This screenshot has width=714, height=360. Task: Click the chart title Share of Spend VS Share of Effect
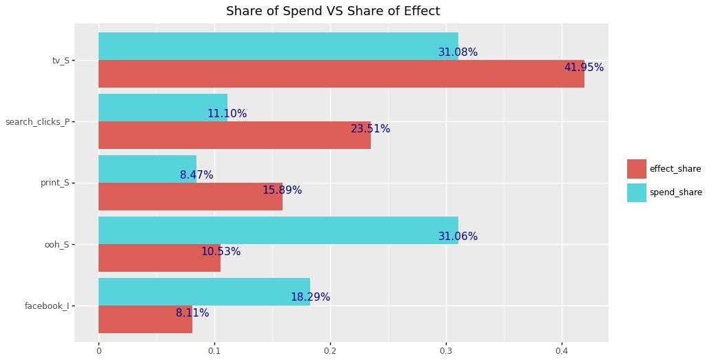[x=333, y=11]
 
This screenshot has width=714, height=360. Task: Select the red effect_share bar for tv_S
[x=341, y=74]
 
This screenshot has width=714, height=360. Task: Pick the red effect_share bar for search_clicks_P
[x=234, y=135]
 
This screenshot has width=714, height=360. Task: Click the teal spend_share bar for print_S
[x=147, y=168]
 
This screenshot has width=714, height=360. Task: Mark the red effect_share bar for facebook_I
[x=145, y=319]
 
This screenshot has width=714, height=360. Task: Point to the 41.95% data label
[x=584, y=68]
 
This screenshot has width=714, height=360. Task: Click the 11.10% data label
[x=227, y=114]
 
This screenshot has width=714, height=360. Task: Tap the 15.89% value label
[x=282, y=190]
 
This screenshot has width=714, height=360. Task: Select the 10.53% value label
[x=221, y=252]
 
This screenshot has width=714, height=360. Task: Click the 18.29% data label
[x=310, y=297]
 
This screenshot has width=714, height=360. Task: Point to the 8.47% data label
[x=196, y=175]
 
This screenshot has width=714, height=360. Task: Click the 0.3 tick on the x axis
[x=446, y=350]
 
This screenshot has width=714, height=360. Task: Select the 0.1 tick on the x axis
[x=214, y=350]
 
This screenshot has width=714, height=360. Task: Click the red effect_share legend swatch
[x=636, y=169]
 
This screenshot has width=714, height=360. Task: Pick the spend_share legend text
[x=675, y=192]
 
